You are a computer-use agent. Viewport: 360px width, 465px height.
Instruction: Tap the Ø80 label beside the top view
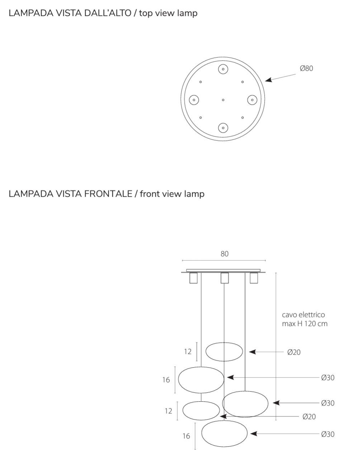(306, 68)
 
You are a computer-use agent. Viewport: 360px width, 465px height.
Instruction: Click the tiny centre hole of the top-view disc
(223, 100)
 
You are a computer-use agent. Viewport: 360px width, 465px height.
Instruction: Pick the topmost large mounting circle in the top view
(223, 69)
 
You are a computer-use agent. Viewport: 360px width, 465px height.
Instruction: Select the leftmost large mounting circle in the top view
(194, 100)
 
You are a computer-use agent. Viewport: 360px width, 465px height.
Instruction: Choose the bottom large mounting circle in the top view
(223, 128)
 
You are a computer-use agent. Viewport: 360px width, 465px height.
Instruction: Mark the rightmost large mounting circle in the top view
(252, 100)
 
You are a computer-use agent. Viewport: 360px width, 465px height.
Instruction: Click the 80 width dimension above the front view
(224, 254)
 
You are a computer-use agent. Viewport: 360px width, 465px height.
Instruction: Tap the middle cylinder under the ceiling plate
(224, 278)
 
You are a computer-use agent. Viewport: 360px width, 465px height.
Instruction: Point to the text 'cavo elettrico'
(303, 315)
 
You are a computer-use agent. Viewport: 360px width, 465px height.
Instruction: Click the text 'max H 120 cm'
(305, 323)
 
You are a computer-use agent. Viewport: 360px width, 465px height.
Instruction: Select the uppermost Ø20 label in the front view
(294, 352)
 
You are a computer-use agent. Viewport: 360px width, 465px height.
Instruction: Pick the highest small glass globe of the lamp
(224, 352)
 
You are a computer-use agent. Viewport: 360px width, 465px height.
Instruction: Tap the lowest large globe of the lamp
(224, 433)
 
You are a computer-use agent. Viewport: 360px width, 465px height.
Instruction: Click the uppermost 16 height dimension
(166, 380)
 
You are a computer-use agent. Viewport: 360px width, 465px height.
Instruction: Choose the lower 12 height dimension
(169, 411)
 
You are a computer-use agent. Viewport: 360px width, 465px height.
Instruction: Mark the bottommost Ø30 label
(328, 434)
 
